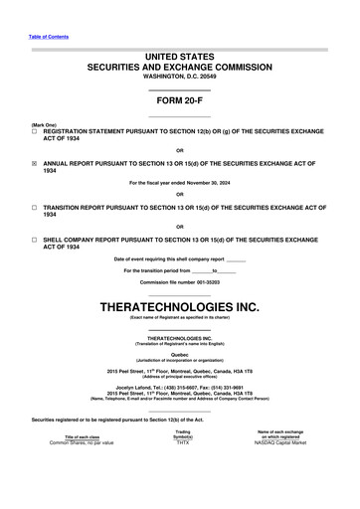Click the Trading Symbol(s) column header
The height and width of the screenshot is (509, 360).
[x=183, y=460]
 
